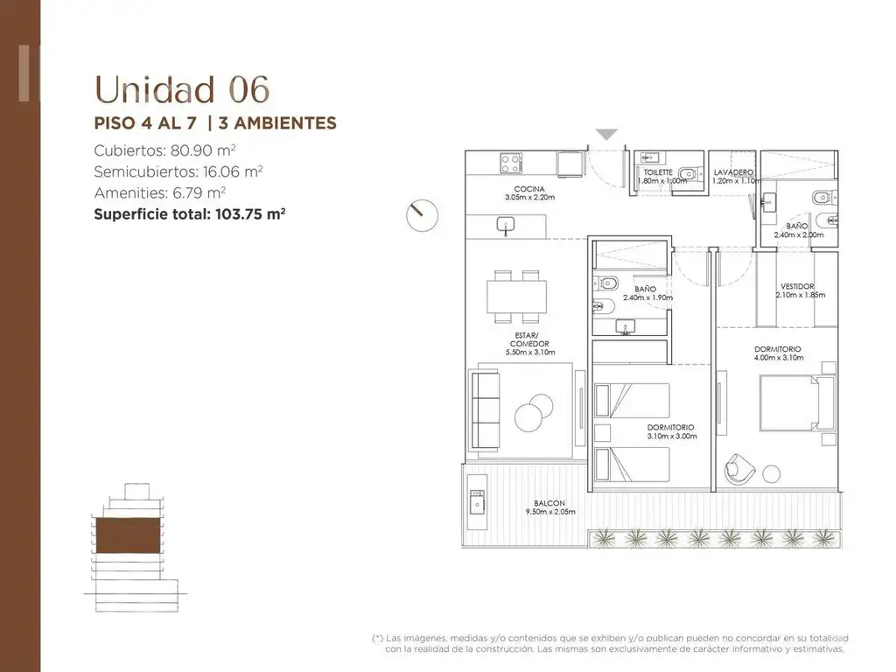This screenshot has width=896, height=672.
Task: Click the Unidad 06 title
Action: point(182,89)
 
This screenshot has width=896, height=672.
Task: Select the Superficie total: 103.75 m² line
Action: point(190,214)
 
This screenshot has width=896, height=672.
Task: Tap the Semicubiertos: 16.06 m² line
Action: point(178,171)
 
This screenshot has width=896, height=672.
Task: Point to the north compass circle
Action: point(423,215)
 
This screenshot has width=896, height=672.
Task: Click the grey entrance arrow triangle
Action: point(606,134)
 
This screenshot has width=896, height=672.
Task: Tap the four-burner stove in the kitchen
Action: point(510,163)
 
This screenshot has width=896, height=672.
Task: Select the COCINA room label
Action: point(529,189)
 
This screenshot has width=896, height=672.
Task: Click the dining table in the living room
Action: point(516,297)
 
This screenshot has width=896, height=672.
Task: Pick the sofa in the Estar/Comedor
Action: point(485,409)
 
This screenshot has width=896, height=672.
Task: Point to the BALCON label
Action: point(549,503)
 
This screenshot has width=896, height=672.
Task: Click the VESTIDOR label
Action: point(797,286)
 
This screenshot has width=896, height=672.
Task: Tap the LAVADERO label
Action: point(733,172)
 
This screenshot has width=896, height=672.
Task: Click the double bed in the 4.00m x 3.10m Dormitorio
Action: point(797,402)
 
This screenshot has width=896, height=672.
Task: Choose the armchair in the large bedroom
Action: point(739,469)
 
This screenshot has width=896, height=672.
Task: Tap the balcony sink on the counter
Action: point(477,503)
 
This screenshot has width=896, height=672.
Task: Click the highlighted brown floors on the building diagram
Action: point(128,535)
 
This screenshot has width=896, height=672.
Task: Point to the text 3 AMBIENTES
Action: point(277,122)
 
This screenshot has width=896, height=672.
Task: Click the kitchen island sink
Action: point(506,225)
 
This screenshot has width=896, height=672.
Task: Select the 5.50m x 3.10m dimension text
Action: point(530,353)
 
